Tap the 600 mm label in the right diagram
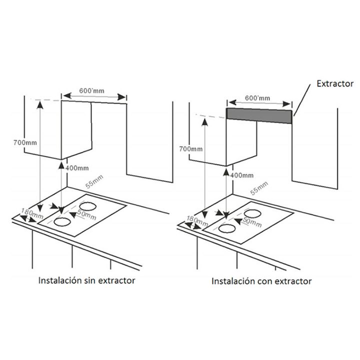258,98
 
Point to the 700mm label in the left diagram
24,143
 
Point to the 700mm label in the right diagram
191,149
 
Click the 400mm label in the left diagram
77,167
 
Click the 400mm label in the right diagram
242,175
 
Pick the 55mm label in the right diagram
259,189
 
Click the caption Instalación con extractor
261,281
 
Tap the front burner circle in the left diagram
62,222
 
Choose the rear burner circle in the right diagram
253,212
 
